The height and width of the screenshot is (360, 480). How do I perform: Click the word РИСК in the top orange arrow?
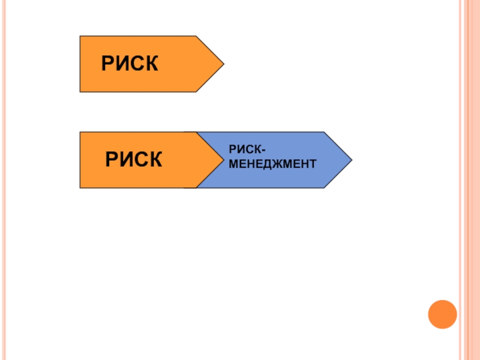pos(130,64)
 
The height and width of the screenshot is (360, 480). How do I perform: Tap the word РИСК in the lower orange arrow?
pos(134,160)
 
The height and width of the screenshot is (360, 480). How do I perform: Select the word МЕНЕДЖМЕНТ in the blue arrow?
pos(272,163)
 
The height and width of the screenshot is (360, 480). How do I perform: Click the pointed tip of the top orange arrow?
pos(223,63)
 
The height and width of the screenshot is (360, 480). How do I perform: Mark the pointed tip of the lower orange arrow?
pos(221,160)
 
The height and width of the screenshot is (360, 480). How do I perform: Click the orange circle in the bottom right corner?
pos(442,314)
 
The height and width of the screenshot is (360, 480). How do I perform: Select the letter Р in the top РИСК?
pos(107,64)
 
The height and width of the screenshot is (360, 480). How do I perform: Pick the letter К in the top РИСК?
pos(151,64)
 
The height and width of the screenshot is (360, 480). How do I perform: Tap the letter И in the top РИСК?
pos(122,64)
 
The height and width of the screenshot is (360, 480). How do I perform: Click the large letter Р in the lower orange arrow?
pos(112,160)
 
